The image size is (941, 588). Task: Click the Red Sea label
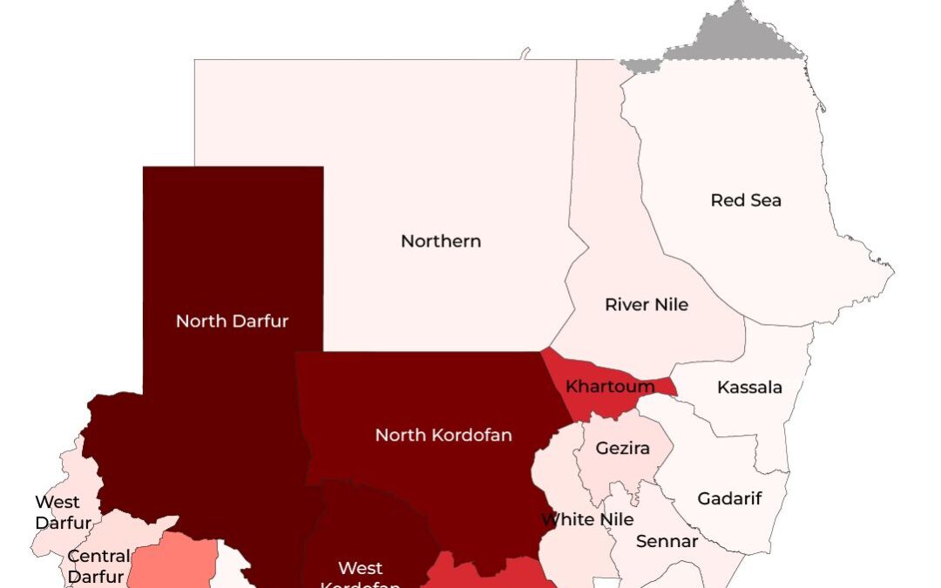[746, 200]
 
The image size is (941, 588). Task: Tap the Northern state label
[441, 241]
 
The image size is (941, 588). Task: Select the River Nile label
[647, 305]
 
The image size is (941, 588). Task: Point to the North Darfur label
[232, 321]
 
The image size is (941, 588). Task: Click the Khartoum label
[610, 386]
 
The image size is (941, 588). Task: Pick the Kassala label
[749, 388]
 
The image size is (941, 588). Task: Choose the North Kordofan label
[443, 435]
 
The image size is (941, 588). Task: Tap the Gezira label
[622, 449]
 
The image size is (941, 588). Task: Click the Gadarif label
[730, 499]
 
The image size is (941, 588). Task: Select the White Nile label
[587, 520]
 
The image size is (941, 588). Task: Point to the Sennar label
[667, 542]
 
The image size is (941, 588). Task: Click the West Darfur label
[62, 513]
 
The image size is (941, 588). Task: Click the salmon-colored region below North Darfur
[174, 562]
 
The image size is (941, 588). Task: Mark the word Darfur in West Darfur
[64, 524]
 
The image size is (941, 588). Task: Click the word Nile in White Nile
[614, 520]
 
